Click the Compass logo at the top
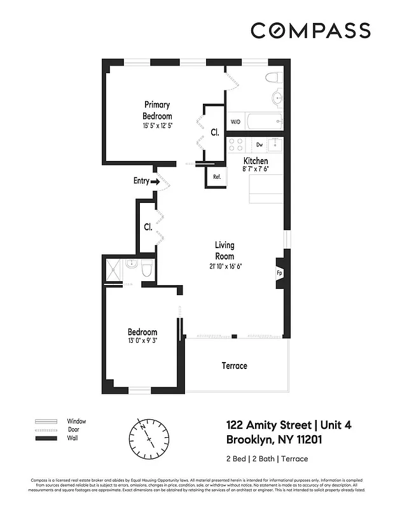click(x=310, y=30)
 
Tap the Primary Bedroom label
click(x=157, y=110)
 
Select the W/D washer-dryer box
click(x=235, y=121)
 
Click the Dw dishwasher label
click(x=259, y=145)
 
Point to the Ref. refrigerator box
click(x=216, y=177)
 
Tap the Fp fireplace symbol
click(x=279, y=273)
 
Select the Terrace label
click(x=234, y=366)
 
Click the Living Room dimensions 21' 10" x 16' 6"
click(x=224, y=266)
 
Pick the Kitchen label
click(x=256, y=161)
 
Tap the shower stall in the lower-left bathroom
click(x=113, y=270)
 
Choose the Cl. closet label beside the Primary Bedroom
click(x=215, y=132)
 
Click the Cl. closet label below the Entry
click(x=148, y=227)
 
